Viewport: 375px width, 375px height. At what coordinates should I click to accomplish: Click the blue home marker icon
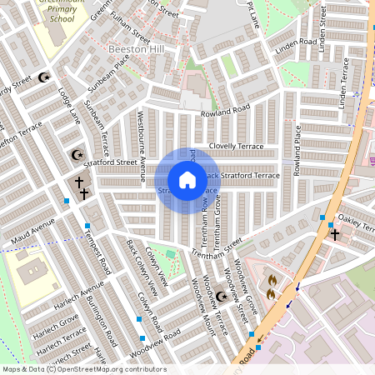[x=187, y=180]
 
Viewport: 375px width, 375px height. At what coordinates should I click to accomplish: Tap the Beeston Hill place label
[x=137, y=50]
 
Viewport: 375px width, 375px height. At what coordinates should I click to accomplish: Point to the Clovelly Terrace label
[x=236, y=146]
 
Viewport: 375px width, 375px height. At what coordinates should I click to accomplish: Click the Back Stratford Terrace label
[x=242, y=176]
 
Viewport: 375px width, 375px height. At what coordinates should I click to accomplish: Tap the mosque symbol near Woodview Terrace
[x=221, y=297]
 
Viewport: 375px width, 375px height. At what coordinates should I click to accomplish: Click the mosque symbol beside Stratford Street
[x=77, y=155]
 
